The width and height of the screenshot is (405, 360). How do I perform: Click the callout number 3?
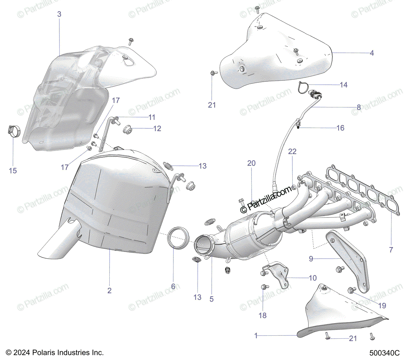pyautogui.click(x=59, y=14)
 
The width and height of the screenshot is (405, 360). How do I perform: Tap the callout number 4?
pyautogui.click(x=372, y=53)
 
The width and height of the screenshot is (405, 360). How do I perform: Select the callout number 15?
pyautogui.click(x=13, y=171)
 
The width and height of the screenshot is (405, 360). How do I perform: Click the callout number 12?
pyautogui.click(x=157, y=129)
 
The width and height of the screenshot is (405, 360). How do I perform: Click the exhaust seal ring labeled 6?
pyautogui.click(x=179, y=238)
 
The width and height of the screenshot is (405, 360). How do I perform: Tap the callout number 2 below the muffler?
pyautogui.click(x=109, y=290)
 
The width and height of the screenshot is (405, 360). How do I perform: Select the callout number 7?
pyautogui.click(x=391, y=250)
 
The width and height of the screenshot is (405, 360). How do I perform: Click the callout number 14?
pyautogui.click(x=344, y=85)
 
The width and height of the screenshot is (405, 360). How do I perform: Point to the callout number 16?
pyautogui.click(x=340, y=128)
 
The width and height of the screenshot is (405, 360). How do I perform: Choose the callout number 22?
pyautogui.click(x=292, y=152)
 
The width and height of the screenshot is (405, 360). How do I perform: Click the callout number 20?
pyautogui.click(x=251, y=163)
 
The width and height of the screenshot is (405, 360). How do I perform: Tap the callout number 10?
pyautogui.click(x=313, y=278)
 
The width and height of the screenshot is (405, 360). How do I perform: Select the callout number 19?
pyautogui.click(x=382, y=306)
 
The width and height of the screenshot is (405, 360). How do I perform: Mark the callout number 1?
pyautogui.click(x=256, y=336)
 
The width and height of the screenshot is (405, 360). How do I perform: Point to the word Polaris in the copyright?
pyautogui.click(x=45, y=353)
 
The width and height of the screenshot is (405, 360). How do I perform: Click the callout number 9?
pyautogui.click(x=311, y=259)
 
